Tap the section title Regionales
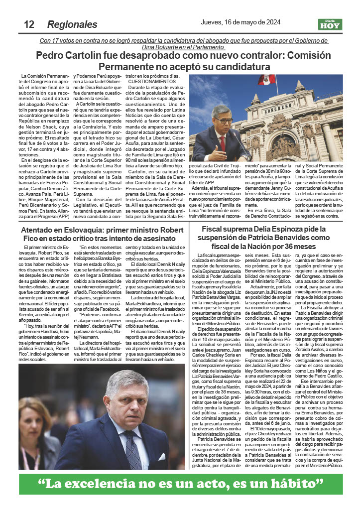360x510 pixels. point(72,24)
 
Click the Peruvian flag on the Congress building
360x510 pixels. point(266,80)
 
